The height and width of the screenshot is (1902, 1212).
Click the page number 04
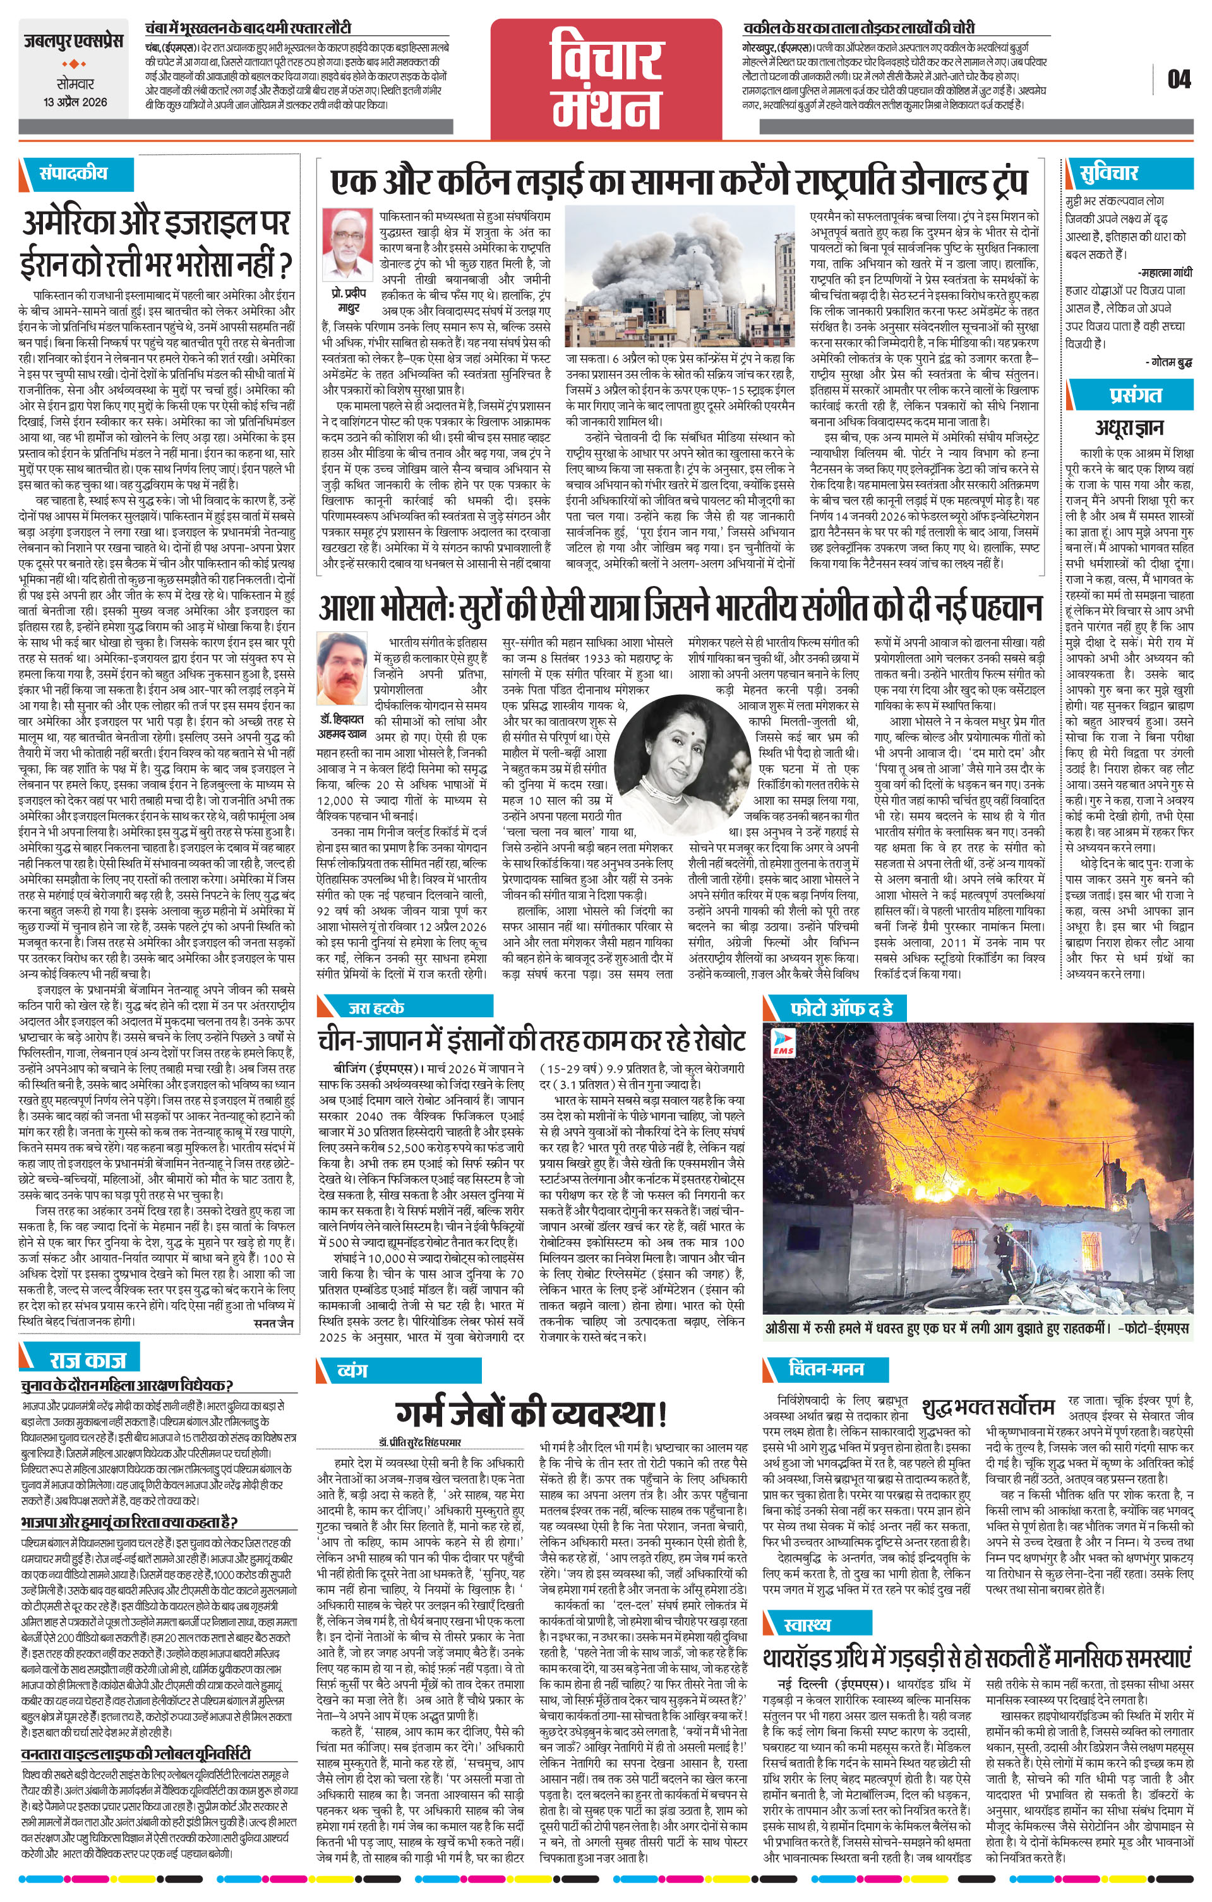[x=1179, y=79]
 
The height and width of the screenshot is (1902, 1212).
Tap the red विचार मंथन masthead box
[x=606, y=76]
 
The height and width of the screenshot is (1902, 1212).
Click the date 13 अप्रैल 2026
[x=75, y=102]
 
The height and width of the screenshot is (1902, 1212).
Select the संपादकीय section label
[x=73, y=173]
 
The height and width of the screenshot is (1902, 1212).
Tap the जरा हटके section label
[x=376, y=1007]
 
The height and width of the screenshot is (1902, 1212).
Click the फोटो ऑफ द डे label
[x=841, y=1008]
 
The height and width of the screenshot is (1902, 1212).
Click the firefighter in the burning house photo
[x=1004, y=1255]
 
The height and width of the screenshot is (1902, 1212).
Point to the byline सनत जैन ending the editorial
[x=273, y=1322]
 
